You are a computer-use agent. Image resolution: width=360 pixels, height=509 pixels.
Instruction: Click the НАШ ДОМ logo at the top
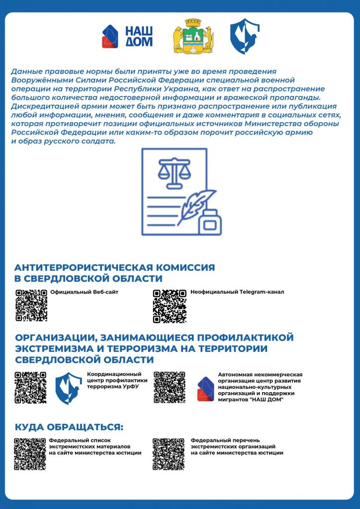[x=127, y=36]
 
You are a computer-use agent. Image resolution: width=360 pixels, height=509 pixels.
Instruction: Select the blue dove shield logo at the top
[x=245, y=36]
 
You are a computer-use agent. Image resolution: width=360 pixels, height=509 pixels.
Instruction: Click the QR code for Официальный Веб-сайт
[x=31, y=305]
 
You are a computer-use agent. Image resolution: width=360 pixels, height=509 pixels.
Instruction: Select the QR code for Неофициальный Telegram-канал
[x=170, y=305]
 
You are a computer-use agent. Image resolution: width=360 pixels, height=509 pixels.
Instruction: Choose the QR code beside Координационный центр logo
[x=31, y=387]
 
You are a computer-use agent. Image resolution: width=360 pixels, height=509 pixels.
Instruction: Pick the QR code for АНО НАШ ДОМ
[x=170, y=387]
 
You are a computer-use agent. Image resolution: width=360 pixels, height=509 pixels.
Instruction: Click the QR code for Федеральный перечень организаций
[x=169, y=454]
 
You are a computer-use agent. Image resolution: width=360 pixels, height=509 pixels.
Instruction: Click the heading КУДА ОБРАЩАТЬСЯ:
[x=69, y=427]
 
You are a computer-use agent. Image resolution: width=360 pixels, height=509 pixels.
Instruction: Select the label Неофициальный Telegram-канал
[x=237, y=292]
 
